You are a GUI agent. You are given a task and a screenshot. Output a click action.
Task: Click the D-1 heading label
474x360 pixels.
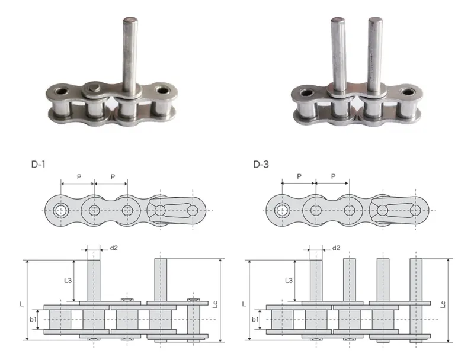click(39, 164)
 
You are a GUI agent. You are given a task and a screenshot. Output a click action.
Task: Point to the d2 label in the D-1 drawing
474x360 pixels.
click(113, 247)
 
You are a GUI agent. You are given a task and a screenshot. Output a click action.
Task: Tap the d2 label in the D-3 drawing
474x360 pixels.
click(336, 247)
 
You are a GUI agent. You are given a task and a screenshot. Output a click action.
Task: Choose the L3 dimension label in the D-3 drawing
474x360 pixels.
click(289, 280)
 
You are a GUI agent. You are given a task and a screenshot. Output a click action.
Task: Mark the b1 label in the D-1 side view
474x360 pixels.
click(34, 319)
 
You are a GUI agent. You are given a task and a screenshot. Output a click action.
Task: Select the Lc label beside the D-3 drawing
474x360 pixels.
click(444, 304)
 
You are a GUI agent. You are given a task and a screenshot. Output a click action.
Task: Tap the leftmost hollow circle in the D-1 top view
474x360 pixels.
click(60, 210)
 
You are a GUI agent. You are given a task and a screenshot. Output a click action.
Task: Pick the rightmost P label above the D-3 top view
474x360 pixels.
click(333, 177)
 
